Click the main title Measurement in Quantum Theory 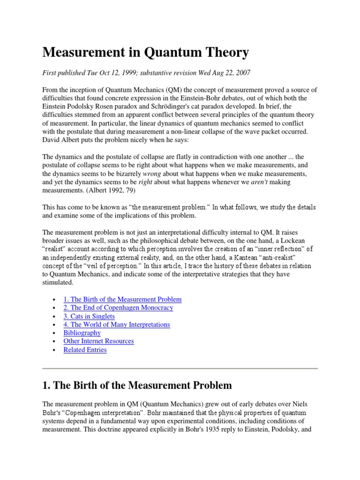pyautogui.click(x=145, y=53)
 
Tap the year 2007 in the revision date pyautogui.click(x=242, y=73)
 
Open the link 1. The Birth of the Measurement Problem pyautogui.click(x=122, y=299)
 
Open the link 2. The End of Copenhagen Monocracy pyautogui.click(x=118, y=307)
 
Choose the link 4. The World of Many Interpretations pyautogui.click(x=117, y=324)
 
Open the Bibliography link pyautogui.click(x=82, y=333)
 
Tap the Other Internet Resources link pyautogui.click(x=98, y=341)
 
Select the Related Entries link pyautogui.click(x=85, y=350)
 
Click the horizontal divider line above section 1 pyautogui.click(x=180, y=369)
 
